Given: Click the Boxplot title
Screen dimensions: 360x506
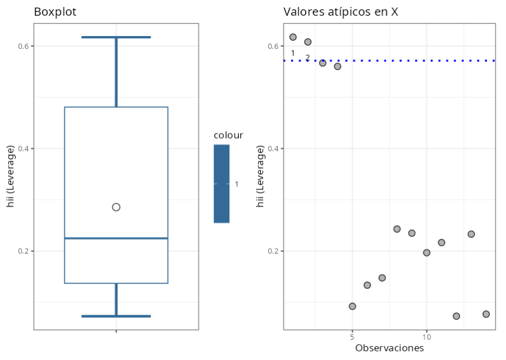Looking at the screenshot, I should [55, 12].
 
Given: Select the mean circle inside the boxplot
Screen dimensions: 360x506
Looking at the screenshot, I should [116, 207].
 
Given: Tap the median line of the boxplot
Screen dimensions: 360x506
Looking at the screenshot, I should [116, 238].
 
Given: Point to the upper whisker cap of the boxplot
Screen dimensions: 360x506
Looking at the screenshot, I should [116, 37].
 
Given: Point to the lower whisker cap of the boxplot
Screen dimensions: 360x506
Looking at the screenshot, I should [116, 316].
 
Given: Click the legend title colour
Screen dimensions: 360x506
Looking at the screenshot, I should [228, 135].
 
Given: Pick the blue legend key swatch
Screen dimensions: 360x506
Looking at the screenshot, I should [221, 183].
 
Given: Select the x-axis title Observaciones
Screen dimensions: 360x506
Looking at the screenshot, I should [389, 348].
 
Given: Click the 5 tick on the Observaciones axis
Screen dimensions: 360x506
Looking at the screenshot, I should [352, 337].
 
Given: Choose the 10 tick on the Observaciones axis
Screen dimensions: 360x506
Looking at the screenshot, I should [426, 337].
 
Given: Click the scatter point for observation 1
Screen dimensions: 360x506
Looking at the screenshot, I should [293, 37].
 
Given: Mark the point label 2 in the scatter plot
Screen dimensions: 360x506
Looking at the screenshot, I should [308, 57].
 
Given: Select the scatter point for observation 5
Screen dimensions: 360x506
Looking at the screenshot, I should [352, 306].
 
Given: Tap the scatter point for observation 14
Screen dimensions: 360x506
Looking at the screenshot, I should [486, 314].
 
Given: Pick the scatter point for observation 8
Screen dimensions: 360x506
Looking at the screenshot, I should [397, 229].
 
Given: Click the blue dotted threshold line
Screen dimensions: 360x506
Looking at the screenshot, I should [407, 60].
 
